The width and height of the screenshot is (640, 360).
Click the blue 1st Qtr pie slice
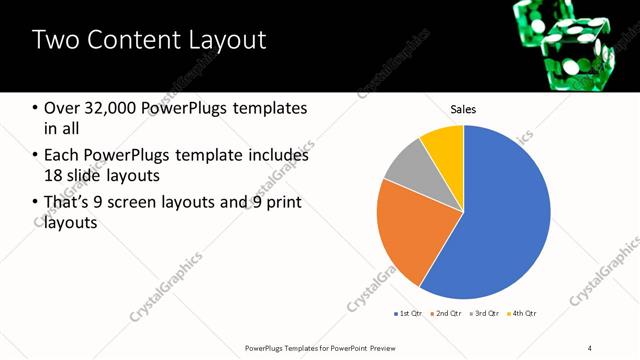pyautogui.click(x=500, y=215)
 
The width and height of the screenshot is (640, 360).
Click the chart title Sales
pyautogui.click(x=463, y=109)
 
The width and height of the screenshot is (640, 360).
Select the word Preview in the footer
pyautogui.click(x=392, y=347)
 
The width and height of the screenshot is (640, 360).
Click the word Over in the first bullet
pyautogui.click(x=62, y=108)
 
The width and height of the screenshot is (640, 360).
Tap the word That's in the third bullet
pyautogui.click(x=70, y=203)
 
